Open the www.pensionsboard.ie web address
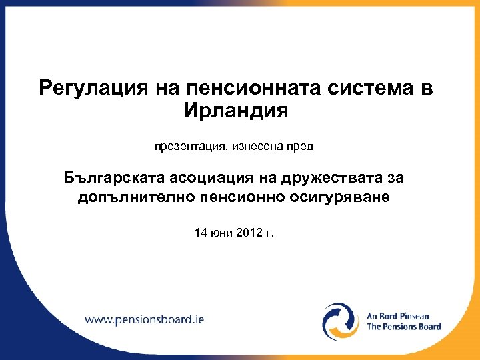click(x=144, y=319)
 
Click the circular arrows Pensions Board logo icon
click(x=341, y=321)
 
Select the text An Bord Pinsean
click(x=398, y=316)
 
